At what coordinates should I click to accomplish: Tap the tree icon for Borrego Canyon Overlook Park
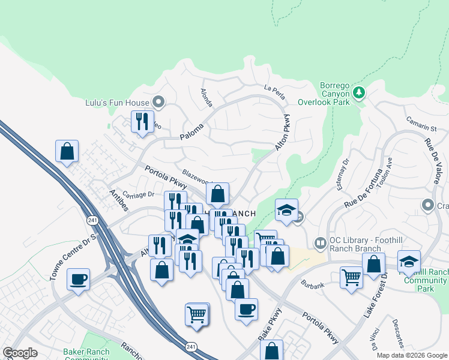point(359,92)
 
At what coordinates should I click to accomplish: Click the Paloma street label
point(193,131)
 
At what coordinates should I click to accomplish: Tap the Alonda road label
point(206,98)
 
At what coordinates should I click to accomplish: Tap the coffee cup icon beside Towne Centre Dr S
point(78,279)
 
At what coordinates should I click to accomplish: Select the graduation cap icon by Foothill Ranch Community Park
point(409,262)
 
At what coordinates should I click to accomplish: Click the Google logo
point(20,353)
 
